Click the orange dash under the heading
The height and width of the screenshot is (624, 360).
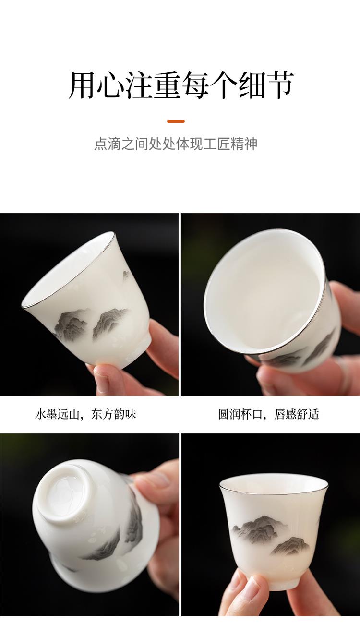[176, 121]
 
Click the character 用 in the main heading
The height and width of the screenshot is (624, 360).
[82, 84]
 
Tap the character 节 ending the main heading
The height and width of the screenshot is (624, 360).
[279, 84]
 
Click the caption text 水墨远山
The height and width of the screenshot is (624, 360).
[57, 414]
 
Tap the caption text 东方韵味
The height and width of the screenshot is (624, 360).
[113, 414]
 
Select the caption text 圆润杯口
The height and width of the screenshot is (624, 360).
[240, 414]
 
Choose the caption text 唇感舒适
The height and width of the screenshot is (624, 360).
[297, 414]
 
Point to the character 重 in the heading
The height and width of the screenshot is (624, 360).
[167, 84]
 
